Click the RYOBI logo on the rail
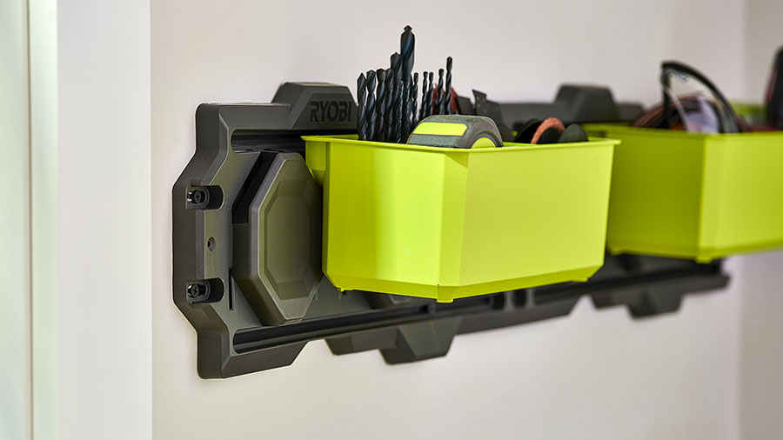point(331,112)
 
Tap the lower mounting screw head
point(197,290)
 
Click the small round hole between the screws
point(211,243)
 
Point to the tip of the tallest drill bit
point(407,27)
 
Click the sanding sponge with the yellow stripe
point(454,131)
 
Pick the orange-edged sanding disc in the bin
point(548,130)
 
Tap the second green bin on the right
point(694,192)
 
